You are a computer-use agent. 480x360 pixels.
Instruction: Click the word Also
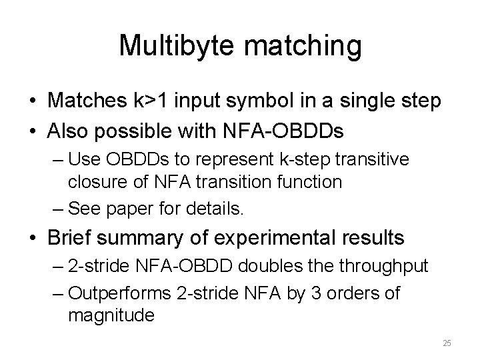(x=69, y=131)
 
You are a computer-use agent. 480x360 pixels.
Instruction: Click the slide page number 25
(x=447, y=343)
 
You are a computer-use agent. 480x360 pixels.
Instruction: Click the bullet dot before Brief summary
(x=32, y=239)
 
